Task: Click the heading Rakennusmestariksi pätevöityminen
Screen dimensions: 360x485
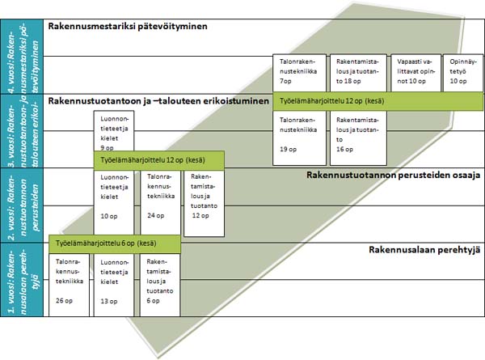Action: pos(128,27)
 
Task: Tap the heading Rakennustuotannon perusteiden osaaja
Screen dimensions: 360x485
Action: pos(394,175)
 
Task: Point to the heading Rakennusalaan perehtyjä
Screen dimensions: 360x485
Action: pos(424,249)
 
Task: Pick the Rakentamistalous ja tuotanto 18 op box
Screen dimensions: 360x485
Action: pos(355,71)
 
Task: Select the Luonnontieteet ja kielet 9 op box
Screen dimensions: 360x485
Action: pos(113,133)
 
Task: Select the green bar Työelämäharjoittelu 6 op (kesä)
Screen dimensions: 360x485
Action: pos(114,243)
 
